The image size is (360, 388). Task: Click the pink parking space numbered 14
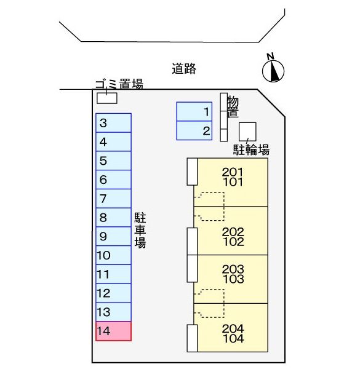[x=113, y=331]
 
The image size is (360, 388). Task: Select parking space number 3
[x=113, y=123]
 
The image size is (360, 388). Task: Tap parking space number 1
[x=194, y=111]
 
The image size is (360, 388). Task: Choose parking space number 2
[x=194, y=130]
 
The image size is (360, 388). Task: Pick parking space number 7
[x=113, y=199]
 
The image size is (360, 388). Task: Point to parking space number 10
[x=113, y=255]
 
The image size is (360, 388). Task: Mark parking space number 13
[x=113, y=312]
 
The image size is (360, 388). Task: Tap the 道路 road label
[x=184, y=69]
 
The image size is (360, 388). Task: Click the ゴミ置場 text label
[x=119, y=84]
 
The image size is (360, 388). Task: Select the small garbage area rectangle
[x=106, y=97]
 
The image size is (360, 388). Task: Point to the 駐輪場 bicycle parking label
[x=251, y=149]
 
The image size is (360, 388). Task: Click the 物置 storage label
[x=233, y=106]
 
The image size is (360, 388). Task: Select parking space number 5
[x=113, y=160]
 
